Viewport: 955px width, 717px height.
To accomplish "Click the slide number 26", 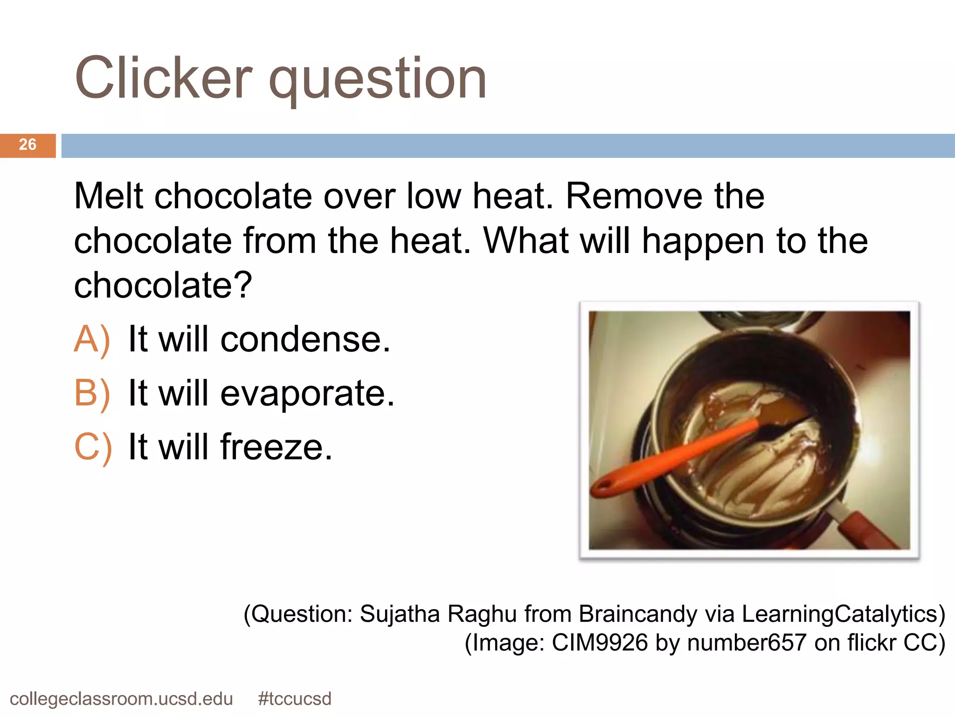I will click(28, 145).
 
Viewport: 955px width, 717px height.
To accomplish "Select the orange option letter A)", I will click(92, 339).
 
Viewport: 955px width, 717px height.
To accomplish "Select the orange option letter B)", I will click(92, 394).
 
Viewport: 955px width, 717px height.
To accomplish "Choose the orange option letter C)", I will click(93, 447).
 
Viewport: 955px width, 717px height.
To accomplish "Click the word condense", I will click(305, 339).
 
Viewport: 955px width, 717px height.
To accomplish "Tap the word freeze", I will click(277, 447).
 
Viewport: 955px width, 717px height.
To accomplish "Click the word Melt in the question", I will click(109, 196).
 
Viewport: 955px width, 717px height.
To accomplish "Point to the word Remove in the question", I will click(634, 196).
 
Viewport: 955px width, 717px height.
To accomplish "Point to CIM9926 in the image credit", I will click(600, 643).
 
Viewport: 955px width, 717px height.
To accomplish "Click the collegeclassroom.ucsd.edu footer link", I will click(121, 699).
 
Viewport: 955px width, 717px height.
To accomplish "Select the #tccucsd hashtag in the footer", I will click(295, 699).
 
